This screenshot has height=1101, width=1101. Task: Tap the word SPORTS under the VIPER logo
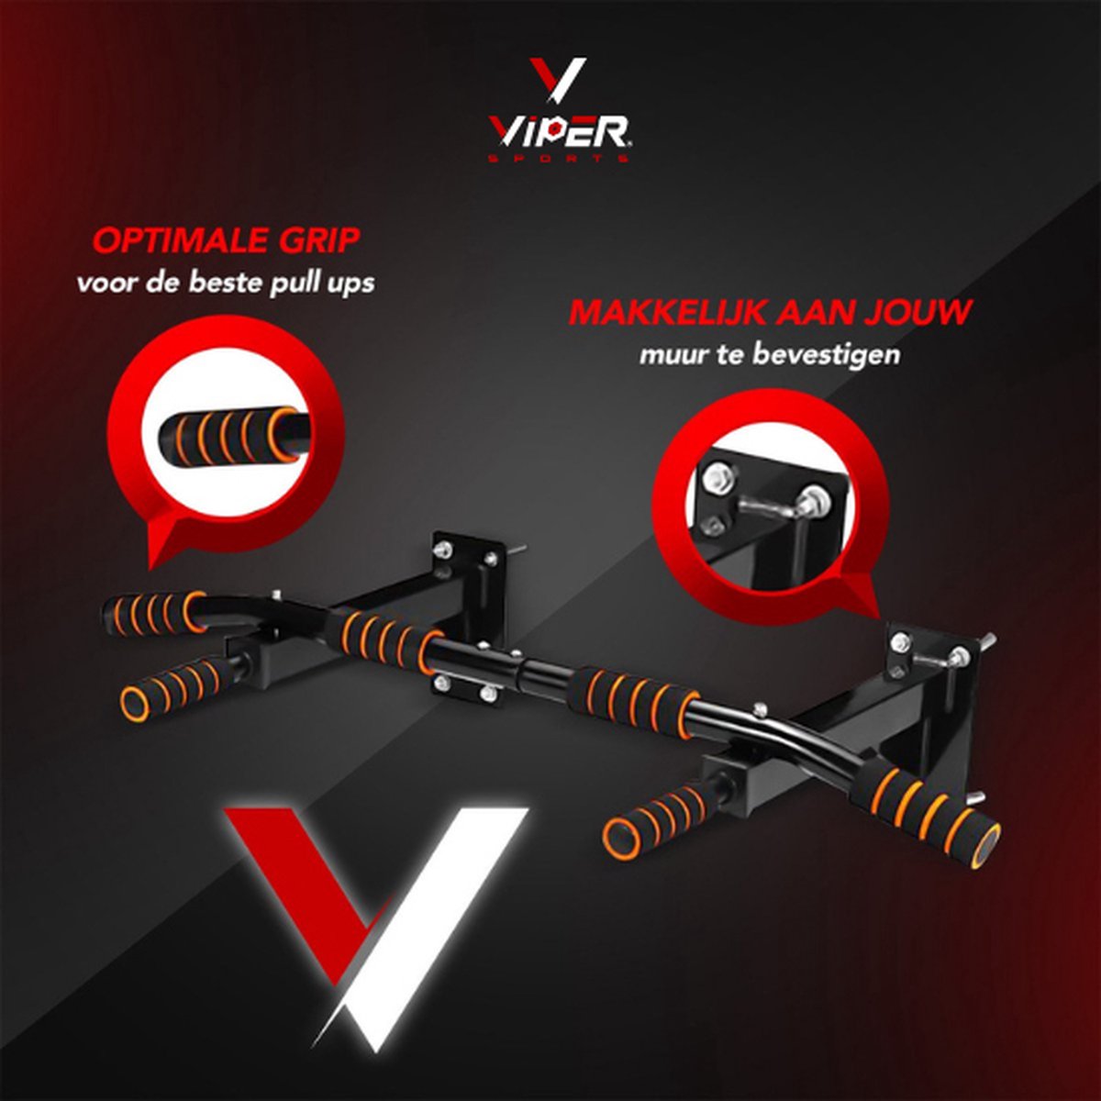[559, 157]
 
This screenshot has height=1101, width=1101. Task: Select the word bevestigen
[826, 355]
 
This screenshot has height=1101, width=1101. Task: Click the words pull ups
[322, 284]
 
